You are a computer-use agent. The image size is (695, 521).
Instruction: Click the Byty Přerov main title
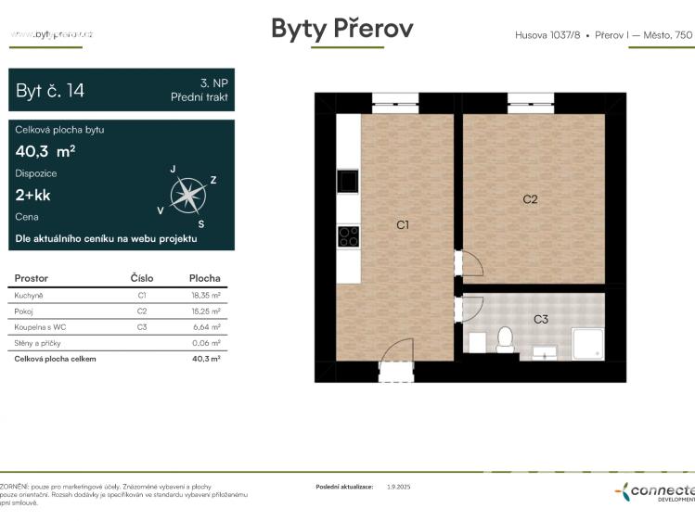pyautogui.click(x=342, y=29)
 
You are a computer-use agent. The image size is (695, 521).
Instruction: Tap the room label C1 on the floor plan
pyautogui.click(x=403, y=224)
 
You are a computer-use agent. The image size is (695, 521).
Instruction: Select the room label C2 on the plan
pyautogui.click(x=530, y=198)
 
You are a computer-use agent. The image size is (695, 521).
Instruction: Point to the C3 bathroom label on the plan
pyautogui.click(x=541, y=319)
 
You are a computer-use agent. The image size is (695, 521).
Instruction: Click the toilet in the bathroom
pyautogui.click(x=506, y=340)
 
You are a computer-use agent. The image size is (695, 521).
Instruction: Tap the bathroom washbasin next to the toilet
pyautogui.click(x=545, y=350)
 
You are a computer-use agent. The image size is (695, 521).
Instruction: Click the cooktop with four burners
pyautogui.click(x=348, y=235)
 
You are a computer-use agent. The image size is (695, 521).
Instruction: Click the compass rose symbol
pyautogui.click(x=188, y=196)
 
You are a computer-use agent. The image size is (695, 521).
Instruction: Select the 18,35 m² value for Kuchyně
pyautogui.click(x=204, y=295)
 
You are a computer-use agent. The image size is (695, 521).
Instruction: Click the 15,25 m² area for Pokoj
pyautogui.click(x=204, y=311)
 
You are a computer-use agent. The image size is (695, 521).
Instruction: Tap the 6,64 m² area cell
pyautogui.click(x=206, y=326)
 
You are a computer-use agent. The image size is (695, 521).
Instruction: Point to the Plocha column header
pyautogui.click(x=204, y=277)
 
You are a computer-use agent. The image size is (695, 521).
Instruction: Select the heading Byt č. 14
pyautogui.click(x=50, y=90)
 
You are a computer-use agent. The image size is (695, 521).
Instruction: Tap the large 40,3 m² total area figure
pyautogui.click(x=45, y=151)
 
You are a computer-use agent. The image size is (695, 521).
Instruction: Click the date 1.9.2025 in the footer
pyautogui.click(x=398, y=486)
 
